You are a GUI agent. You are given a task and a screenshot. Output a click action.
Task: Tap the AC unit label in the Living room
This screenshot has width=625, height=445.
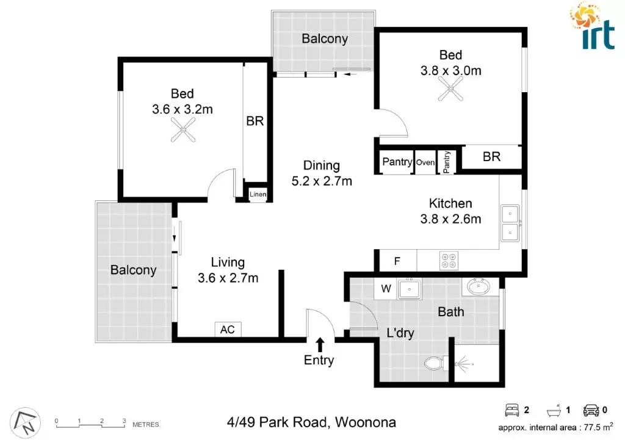click(x=228, y=330)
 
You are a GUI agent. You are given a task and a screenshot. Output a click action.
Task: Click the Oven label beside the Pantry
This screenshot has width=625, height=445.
click(x=425, y=162)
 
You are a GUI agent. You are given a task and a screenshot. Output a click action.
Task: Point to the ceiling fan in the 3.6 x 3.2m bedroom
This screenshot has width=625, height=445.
click(x=182, y=129)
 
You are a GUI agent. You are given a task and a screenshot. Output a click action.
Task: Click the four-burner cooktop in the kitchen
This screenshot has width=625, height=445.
click(x=449, y=261)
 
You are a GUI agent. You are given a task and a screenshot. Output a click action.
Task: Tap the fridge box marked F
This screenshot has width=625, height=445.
click(x=397, y=261)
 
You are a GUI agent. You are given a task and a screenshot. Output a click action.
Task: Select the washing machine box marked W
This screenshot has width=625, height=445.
click(x=386, y=288)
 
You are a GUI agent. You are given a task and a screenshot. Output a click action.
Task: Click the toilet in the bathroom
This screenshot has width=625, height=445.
click(x=434, y=363)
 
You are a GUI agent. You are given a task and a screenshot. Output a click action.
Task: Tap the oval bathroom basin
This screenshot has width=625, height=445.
click(x=480, y=286)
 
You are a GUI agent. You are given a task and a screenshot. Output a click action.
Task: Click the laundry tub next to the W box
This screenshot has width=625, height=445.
click(x=409, y=288)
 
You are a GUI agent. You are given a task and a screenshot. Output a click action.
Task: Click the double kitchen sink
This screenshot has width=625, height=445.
click(x=508, y=223)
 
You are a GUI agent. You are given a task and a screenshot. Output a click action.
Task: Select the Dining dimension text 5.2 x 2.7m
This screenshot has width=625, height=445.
click(x=322, y=181)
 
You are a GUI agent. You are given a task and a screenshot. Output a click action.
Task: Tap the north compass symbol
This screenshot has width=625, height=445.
click(x=25, y=421)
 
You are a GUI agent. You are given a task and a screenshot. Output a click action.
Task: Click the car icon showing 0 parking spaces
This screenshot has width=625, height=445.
click(x=591, y=410)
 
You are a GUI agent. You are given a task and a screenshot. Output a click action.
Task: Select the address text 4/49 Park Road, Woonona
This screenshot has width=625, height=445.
click(x=311, y=422)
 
